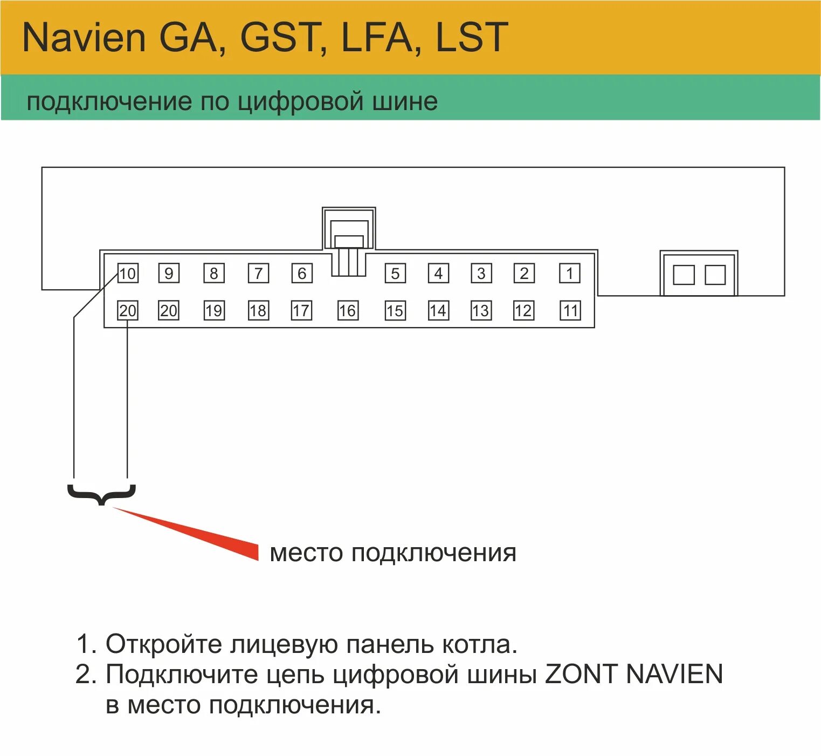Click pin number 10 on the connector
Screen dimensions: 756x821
click(x=128, y=274)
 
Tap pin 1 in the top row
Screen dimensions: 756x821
click(x=570, y=274)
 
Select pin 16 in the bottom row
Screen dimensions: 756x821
click(x=347, y=310)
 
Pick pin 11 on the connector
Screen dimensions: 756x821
click(x=570, y=310)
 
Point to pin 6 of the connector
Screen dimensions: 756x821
click(x=302, y=274)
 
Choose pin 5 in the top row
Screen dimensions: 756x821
click(x=395, y=274)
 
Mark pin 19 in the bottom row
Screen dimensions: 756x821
click(x=213, y=310)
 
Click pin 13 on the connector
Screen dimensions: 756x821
click(x=480, y=310)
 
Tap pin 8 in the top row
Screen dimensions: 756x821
click(x=213, y=274)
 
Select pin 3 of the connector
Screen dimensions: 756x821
click(x=481, y=274)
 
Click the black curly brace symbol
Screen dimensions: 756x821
click(x=101, y=494)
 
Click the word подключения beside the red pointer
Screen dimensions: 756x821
click(x=433, y=553)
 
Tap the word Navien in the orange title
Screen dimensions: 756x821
click(x=84, y=37)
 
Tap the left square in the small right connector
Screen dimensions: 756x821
click(x=684, y=275)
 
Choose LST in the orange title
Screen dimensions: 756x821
click(x=472, y=37)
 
